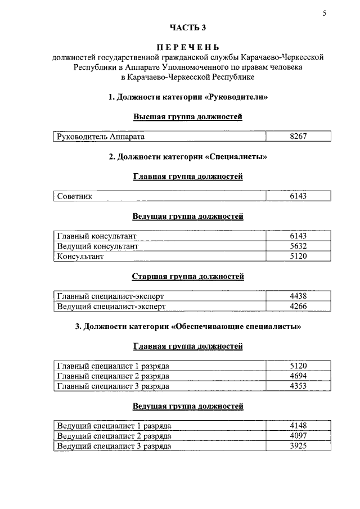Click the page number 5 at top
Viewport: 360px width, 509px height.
pos(325,14)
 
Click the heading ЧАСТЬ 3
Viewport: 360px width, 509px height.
pos(188,28)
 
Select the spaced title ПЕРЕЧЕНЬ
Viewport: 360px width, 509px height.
pos(188,47)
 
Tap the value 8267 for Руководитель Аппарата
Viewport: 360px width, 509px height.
pos(298,137)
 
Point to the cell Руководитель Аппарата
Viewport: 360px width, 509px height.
pos(101,137)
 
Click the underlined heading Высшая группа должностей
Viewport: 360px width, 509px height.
pos(188,117)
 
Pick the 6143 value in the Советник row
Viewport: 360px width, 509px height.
pos(298,196)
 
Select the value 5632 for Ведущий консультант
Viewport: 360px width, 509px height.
pos(298,246)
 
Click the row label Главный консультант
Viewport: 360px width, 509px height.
pos(97,236)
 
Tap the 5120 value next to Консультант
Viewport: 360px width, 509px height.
pos(298,256)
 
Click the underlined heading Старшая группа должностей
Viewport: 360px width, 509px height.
pos(188,277)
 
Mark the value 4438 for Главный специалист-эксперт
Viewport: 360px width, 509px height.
pos(298,296)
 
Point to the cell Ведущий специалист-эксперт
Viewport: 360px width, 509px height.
pos(111,306)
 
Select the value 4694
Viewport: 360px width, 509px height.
pos(298,376)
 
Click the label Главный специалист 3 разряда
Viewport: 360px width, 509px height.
pos(113,386)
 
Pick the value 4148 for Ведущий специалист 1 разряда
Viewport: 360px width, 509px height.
pos(298,426)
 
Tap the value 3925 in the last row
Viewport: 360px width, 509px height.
pos(298,446)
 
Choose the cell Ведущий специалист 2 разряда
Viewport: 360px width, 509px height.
pos(114,436)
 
